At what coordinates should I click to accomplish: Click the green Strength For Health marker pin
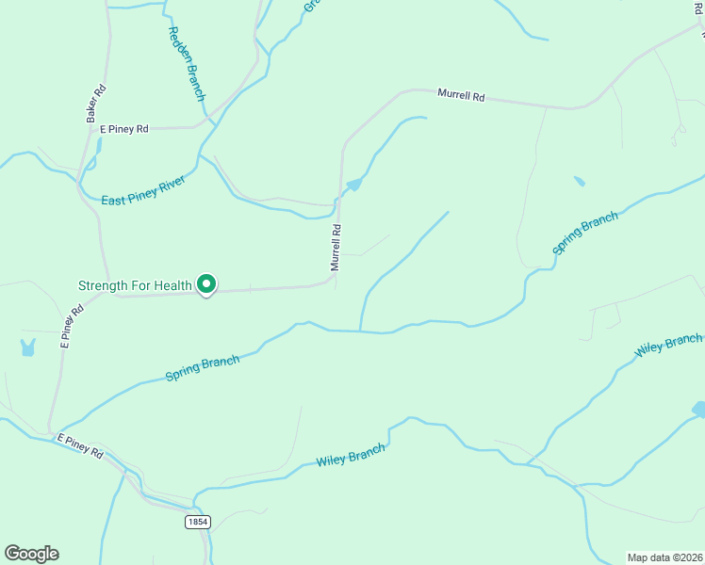[x=206, y=283]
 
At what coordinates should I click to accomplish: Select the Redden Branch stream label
[x=186, y=63]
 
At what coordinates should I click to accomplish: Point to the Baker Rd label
[x=95, y=104]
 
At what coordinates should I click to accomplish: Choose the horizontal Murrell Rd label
[x=460, y=95]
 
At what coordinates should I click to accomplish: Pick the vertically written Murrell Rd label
[x=335, y=247]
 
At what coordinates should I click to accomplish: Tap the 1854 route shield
[x=197, y=522]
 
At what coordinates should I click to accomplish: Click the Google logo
[x=31, y=554]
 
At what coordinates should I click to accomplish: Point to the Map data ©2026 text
[x=664, y=557]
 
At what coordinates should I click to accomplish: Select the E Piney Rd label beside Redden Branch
[x=124, y=129]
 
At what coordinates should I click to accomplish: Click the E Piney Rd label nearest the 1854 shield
[x=79, y=445]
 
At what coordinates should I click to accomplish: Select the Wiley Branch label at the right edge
[x=668, y=345]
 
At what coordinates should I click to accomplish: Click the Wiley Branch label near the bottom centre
[x=351, y=456]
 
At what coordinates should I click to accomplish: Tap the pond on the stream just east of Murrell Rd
[x=353, y=185]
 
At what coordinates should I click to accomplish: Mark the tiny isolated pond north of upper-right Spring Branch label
[x=579, y=181]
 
